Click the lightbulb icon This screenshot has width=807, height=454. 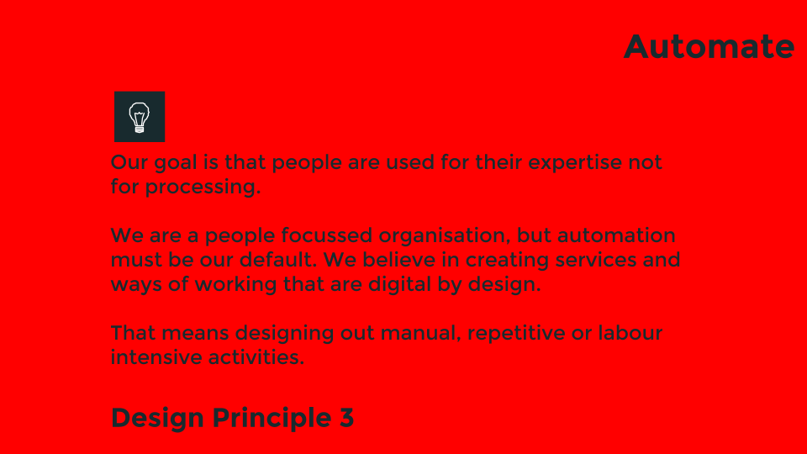[x=140, y=116]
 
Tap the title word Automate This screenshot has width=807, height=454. [x=709, y=47]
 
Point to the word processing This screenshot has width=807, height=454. [x=203, y=187]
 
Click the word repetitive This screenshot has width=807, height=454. [x=516, y=333]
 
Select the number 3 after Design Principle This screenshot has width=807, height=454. [x=347, y=418]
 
